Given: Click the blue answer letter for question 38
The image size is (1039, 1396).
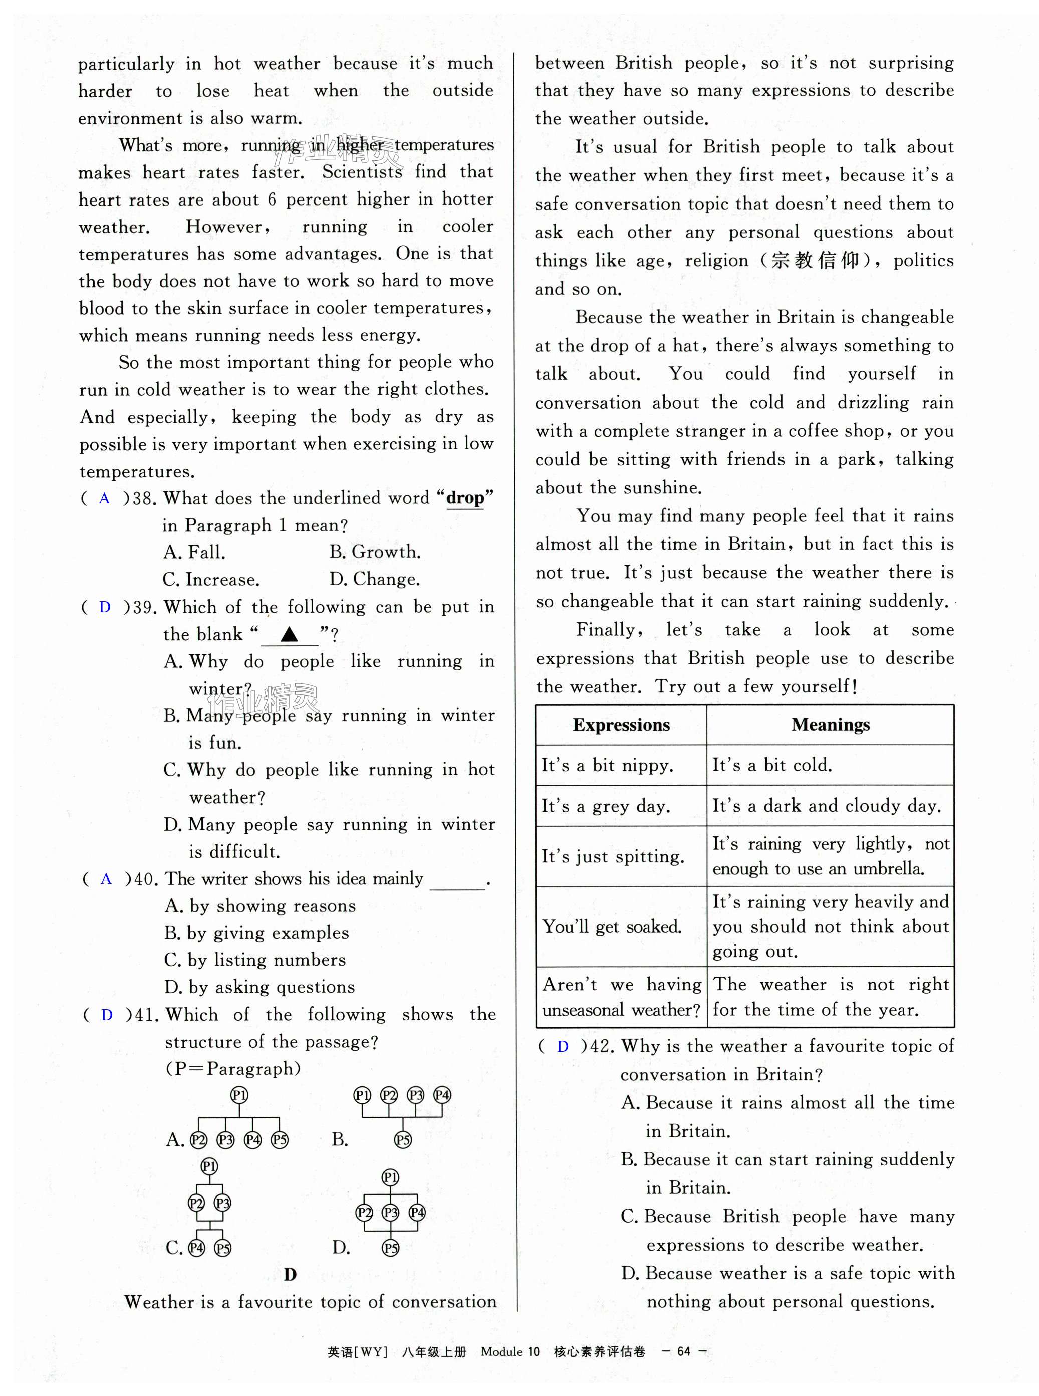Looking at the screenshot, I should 104,499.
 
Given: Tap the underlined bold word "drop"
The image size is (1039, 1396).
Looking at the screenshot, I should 465,498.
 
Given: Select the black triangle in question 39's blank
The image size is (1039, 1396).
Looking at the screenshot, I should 290,634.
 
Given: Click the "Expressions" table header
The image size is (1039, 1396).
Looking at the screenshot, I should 621,725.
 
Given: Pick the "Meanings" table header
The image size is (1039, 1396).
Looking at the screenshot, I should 830,725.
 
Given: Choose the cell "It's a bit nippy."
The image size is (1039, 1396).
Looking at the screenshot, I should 608,765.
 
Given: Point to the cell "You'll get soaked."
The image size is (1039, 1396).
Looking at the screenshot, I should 612,927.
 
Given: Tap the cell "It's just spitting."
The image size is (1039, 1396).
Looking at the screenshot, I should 613,856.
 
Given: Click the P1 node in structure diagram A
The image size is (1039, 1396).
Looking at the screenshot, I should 239,1095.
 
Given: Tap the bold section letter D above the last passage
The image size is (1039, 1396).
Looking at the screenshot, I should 290,1275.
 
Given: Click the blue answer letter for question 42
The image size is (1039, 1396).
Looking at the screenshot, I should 563,1046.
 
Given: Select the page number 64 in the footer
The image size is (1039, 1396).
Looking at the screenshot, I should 684,1351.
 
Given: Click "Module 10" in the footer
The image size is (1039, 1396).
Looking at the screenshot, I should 509,1351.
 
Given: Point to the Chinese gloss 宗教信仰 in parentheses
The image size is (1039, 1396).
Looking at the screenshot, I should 815,261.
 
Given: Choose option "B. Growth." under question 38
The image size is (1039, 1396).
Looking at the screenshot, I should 375,552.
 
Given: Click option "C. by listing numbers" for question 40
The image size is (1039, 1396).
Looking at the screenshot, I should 254,960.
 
